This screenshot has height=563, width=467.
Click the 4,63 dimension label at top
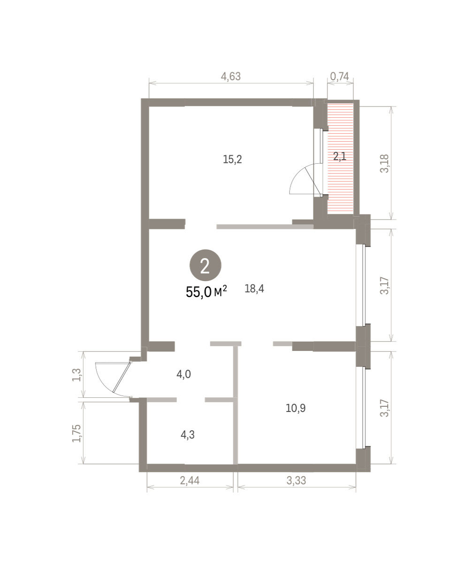[230, 76]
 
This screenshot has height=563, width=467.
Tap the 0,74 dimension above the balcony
[339, 76]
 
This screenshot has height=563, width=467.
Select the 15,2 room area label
[232, 160]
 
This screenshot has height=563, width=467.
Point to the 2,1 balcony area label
[340, 156]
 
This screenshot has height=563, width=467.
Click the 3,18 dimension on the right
[384, 163]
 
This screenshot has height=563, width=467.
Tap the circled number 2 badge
[205, 266]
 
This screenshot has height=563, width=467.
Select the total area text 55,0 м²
[207, 292]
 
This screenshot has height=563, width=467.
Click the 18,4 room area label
[254, 289]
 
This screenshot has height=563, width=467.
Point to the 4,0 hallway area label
[184, 374]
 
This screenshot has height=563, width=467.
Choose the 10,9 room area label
[296, 408]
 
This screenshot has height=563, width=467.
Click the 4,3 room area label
[187, 434]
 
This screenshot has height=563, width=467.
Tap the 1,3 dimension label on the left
[77, 374]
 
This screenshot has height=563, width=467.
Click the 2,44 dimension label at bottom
[190, 480]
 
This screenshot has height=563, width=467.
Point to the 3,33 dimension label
[296, 480]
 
